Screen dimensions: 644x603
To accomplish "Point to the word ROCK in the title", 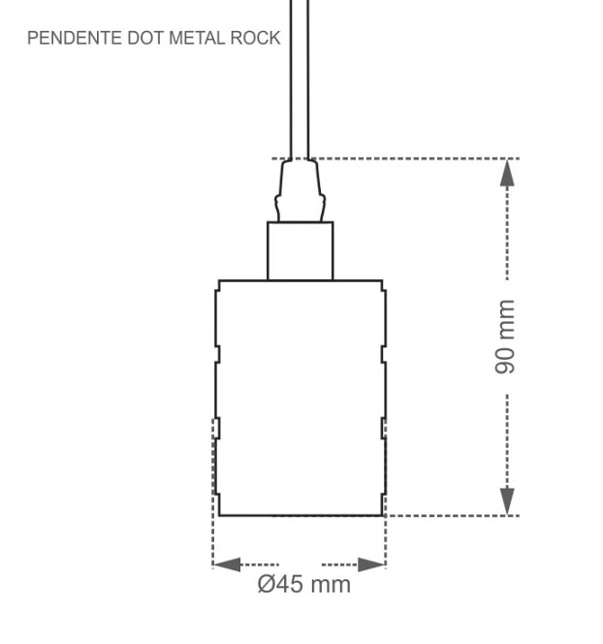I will pos(257,39).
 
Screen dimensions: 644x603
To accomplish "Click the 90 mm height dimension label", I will pos(505,338).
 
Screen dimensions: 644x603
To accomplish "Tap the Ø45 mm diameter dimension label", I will pos(304,585).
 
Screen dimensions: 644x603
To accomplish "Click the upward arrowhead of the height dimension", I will pos(507,172).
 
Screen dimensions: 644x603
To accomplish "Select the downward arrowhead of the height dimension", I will pos(507,501).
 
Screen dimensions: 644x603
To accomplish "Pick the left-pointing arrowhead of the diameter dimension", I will pos(227,564).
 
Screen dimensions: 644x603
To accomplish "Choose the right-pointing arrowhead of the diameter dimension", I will pos(371,564).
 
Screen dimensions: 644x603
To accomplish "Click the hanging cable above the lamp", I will pos(300,78).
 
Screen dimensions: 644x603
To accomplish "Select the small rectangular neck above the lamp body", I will pos(301,251).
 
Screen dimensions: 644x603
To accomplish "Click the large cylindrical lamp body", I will pos(301,398).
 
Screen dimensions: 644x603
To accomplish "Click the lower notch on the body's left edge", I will pos(217,428).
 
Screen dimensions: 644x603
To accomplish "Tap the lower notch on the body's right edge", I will pos(384,428).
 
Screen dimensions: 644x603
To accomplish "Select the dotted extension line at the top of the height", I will pos(417,158).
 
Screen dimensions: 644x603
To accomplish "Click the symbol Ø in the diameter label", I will pos(268,585).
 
